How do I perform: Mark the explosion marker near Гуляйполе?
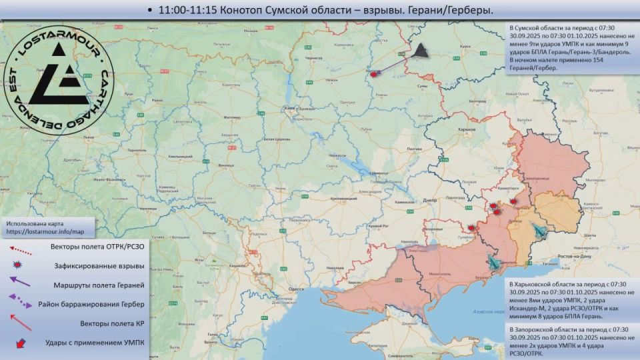tap(472, 227)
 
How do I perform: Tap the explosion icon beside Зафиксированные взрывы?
tap(20, 266)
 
